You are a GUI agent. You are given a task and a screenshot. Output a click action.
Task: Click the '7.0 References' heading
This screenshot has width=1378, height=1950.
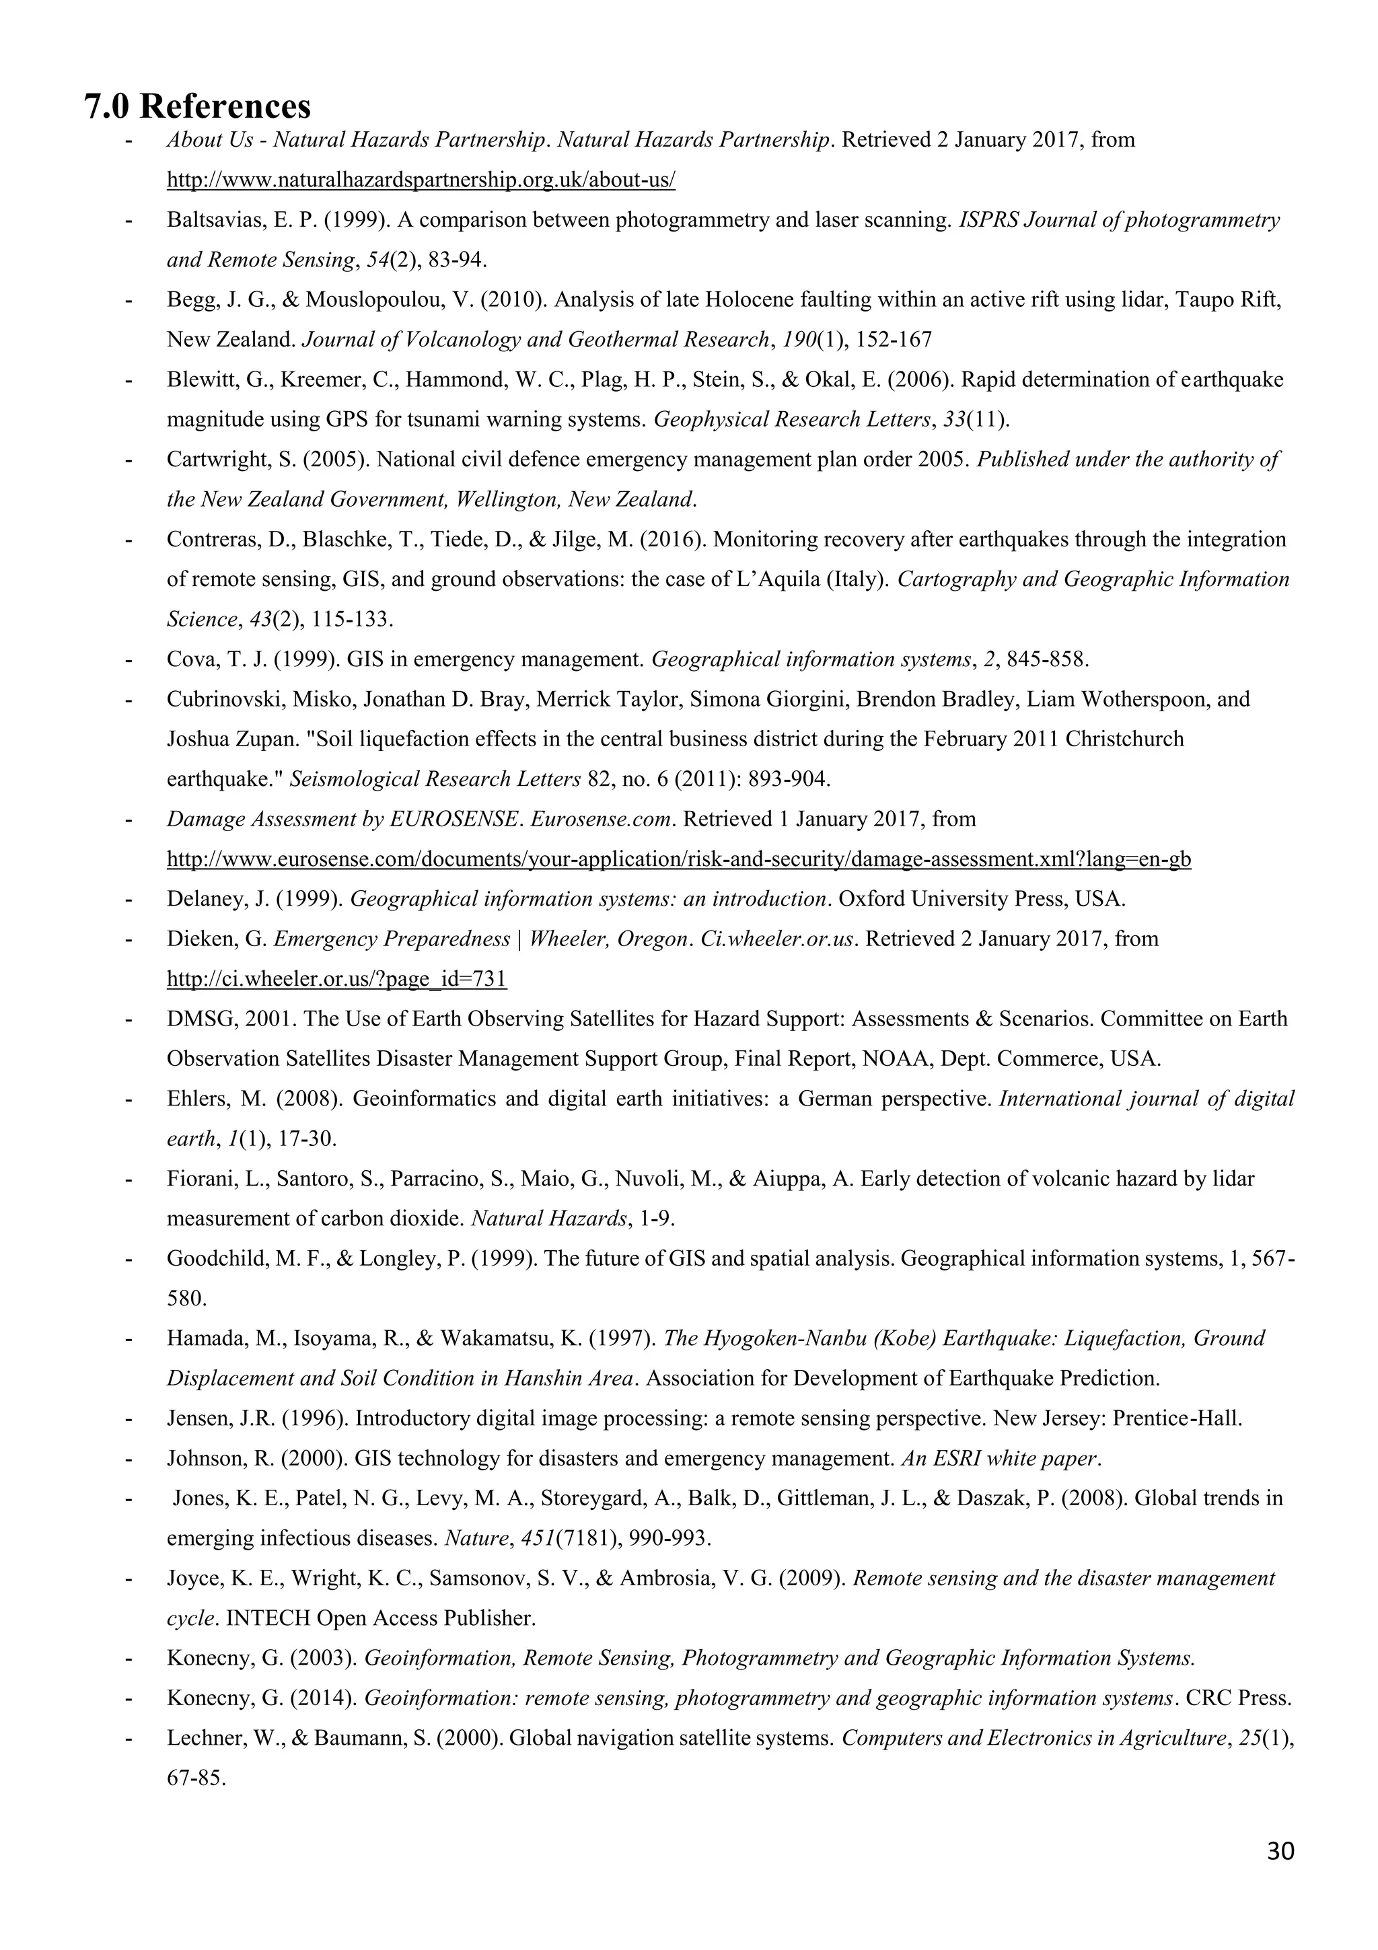198,106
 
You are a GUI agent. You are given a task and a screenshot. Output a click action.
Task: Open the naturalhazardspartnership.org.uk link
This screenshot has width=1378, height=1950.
421,180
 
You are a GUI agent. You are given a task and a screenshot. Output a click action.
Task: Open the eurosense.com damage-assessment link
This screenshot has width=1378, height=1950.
678,859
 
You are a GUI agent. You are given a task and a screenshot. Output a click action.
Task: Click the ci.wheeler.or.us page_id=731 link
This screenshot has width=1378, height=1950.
336,979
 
